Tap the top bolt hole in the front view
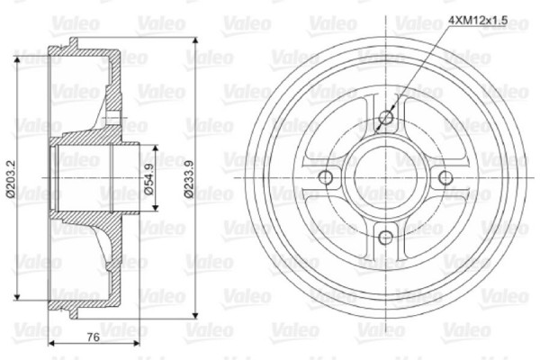pos(386,117)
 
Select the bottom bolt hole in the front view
pos(386,238)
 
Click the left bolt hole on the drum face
pos(326,177)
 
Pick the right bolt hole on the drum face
pos(446,177)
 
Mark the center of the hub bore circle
pos(386,177)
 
